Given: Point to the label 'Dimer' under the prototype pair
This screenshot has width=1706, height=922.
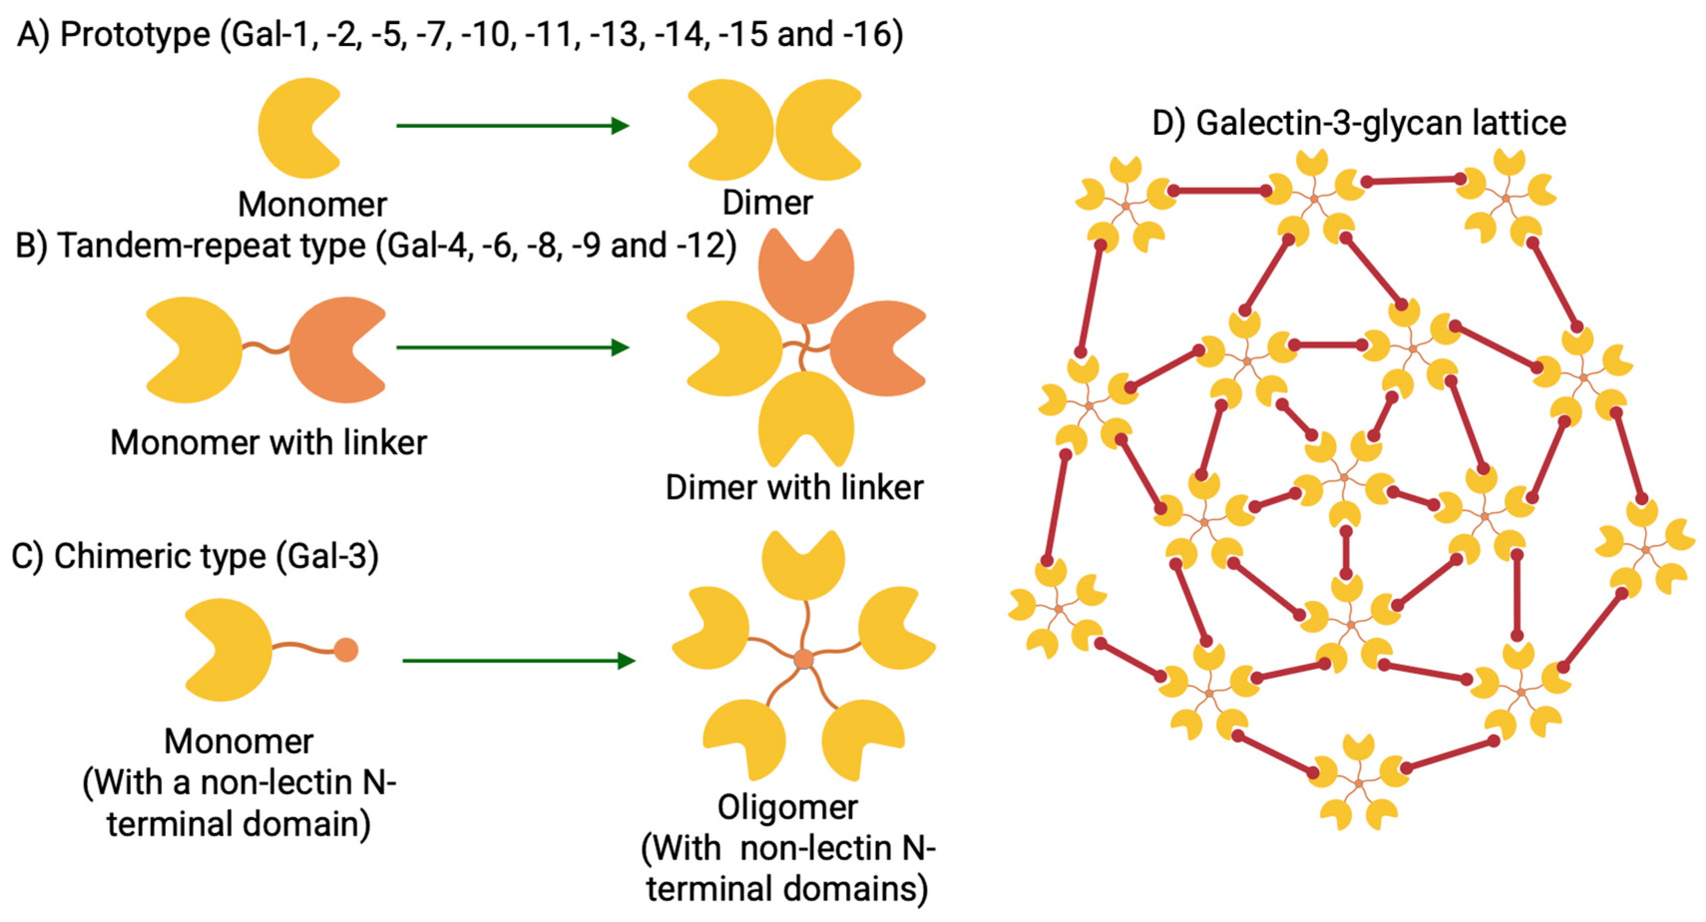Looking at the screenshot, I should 767,202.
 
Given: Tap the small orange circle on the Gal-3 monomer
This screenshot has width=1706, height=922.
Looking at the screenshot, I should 346,650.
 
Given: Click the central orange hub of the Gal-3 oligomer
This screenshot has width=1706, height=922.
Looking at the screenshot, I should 803,660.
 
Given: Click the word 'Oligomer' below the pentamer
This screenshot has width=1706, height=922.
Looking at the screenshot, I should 787,807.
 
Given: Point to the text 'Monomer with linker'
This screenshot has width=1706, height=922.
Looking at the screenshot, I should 268,442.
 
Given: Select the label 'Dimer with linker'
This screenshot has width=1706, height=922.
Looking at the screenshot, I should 793,488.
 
